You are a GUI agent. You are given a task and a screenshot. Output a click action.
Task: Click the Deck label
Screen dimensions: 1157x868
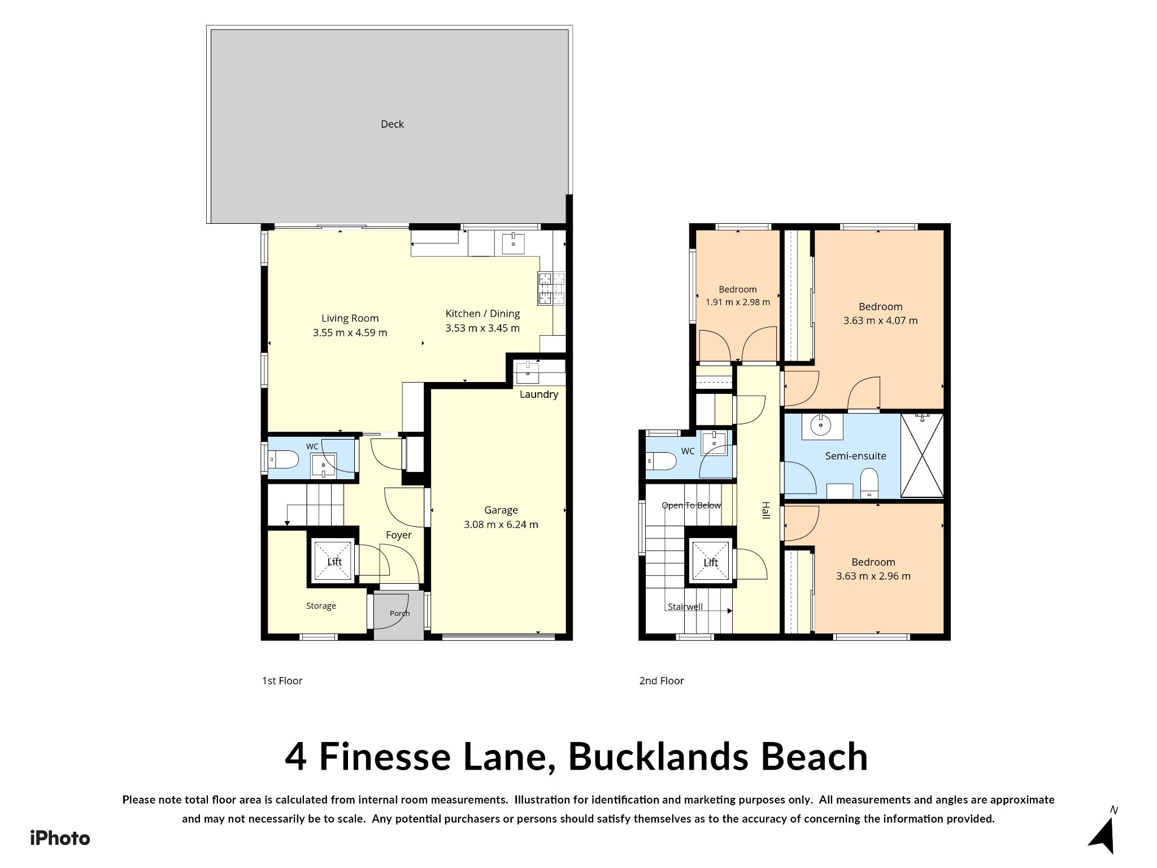click(x=392, y=124)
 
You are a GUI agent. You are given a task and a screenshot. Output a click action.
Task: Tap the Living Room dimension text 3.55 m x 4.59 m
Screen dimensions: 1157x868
click(x=350, y=333)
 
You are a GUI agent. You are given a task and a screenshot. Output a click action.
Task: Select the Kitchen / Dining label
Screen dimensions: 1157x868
click(x=482, y=314)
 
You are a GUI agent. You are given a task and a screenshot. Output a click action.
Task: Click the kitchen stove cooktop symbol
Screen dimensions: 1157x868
click(x=552, y=289)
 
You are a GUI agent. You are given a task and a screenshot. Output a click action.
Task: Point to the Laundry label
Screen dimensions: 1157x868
click(x=539, y=394)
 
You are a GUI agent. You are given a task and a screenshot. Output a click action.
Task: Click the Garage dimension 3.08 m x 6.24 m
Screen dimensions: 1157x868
click(x=501, y=525)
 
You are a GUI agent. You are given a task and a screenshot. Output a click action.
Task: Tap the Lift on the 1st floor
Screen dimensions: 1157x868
click(x=334, y=561)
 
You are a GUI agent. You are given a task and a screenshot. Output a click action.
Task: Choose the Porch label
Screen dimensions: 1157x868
click(x=399, y=613)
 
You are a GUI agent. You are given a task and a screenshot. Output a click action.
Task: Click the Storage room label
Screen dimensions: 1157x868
click(x=321, y=606)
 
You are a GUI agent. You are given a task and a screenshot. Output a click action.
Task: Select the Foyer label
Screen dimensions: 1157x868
click(x=399, y=535)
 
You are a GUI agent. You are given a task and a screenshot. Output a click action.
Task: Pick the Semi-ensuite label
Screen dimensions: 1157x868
click(x=856, y=456)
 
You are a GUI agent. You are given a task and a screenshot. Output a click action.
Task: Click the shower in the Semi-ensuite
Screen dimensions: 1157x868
click(x=922, y=455)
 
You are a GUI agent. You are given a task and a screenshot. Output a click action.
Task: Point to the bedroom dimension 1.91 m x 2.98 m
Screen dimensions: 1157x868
click(x=738, y=302)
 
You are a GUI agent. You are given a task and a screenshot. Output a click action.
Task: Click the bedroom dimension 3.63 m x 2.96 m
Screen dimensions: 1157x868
click(x=873, y=576)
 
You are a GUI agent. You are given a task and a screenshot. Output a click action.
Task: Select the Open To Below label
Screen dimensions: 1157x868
click(x=691, y=505)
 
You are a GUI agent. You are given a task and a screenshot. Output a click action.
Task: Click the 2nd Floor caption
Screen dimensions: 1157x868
click(x=662, y=681)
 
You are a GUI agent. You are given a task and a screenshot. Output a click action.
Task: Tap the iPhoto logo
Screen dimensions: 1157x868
click(x=60, y=838)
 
